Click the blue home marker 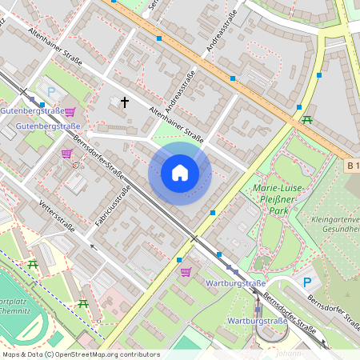point(180,172)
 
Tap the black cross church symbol point(124,102)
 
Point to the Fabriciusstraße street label point(113,205)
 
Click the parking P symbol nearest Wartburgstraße point(306,282)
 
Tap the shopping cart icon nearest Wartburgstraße point(186,272)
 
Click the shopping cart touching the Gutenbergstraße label point(70,112)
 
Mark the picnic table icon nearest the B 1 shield point(307,120)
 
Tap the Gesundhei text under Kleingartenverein point(339,228)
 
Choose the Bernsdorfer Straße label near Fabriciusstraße point(99,158)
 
